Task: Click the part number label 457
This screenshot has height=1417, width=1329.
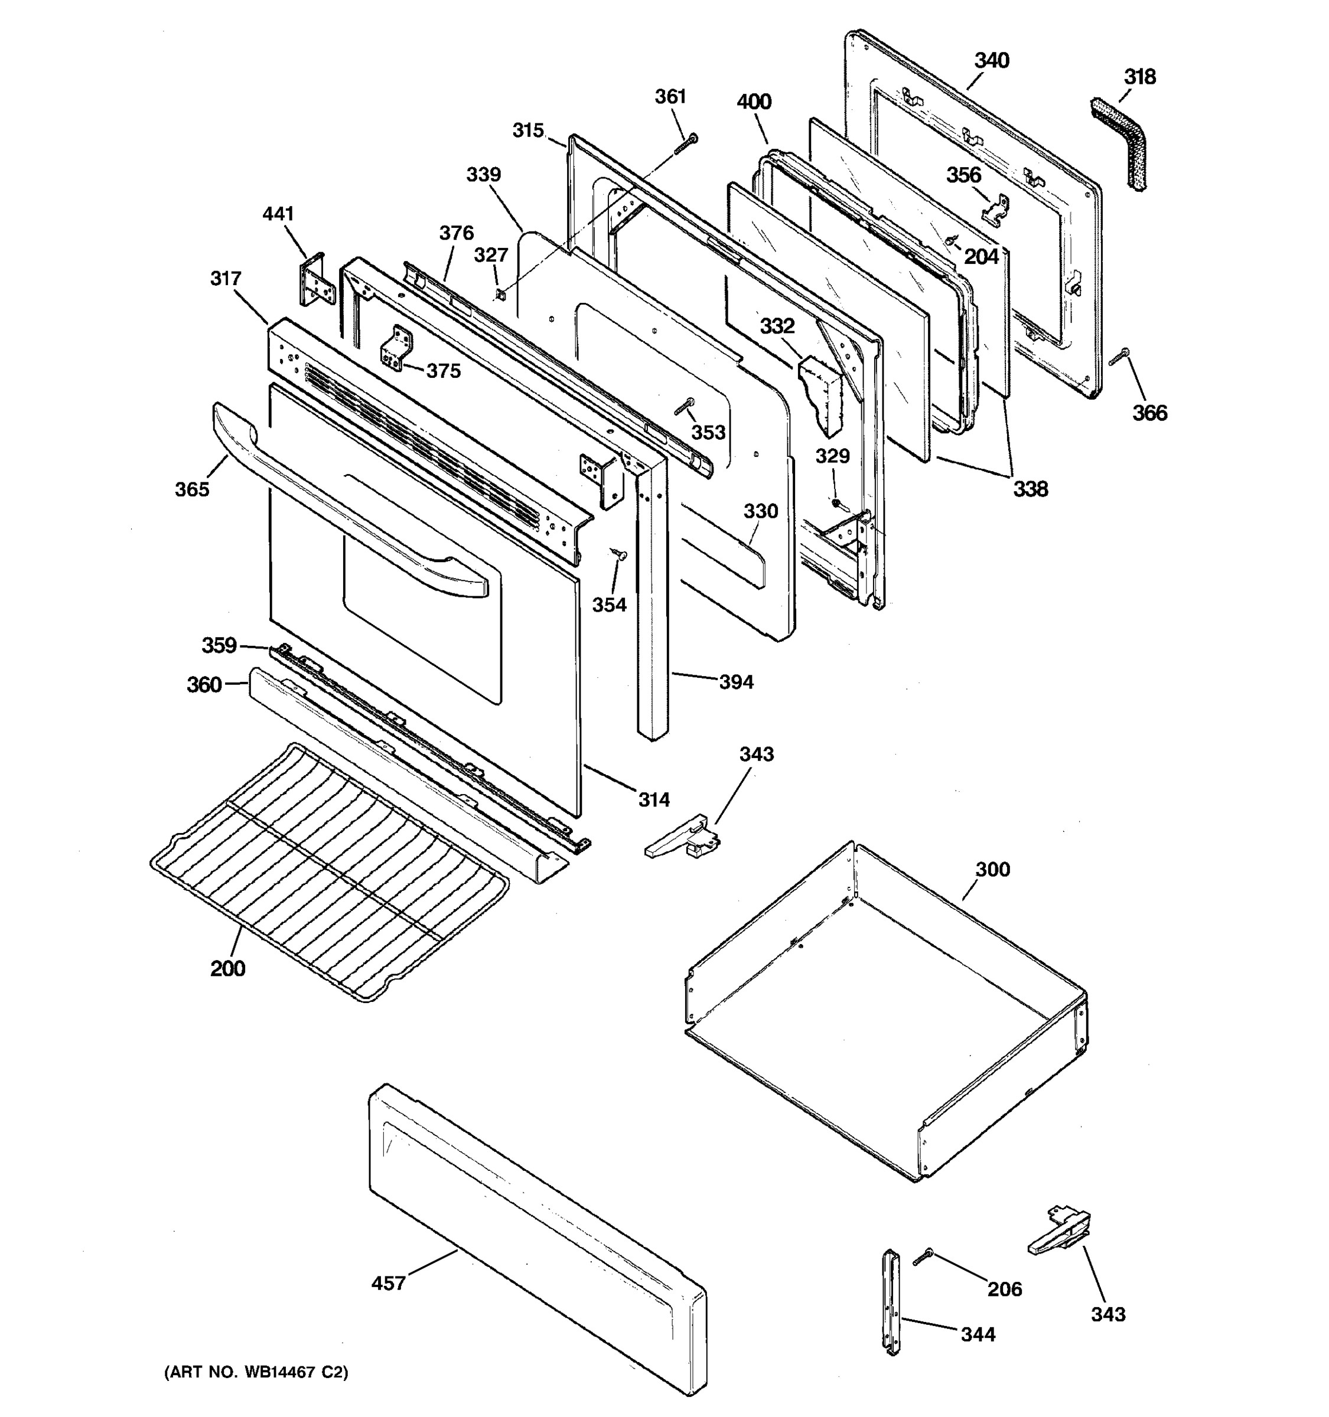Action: [x=388, y=1283]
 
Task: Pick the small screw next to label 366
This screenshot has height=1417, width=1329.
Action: [x=1119, y=358]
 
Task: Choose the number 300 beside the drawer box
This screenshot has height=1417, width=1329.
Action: [x=992, y=870]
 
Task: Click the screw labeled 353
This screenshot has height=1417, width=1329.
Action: [x=684, y=407]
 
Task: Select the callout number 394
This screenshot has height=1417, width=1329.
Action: [x=736, y=682]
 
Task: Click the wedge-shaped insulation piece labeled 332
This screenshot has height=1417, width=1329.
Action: [x=822, y=396]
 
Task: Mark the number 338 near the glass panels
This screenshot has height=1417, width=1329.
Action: [x=1030, y=489]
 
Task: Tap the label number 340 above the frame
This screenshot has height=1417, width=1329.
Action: [x=992, y=61]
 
